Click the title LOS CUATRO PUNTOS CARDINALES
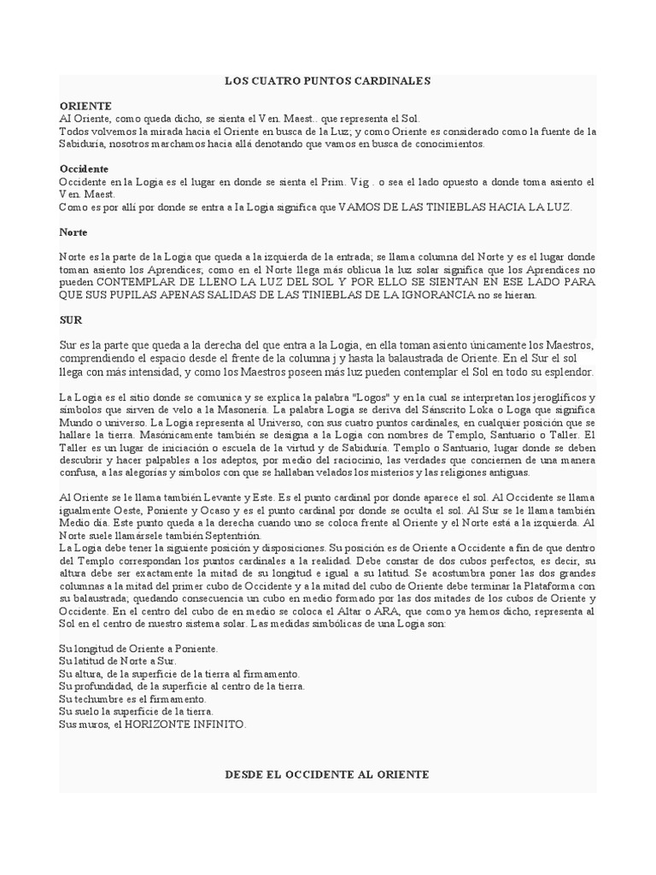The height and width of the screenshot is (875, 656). point(327,81)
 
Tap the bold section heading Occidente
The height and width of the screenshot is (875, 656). point(84,169)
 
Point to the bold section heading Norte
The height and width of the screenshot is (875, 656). point(73,232)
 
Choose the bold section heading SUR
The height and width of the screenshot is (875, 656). point(70,320)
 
